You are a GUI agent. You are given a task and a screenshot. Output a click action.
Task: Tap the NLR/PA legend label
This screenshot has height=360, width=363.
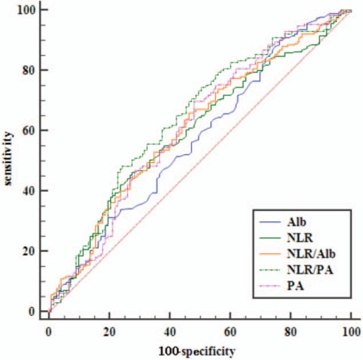click(313, 271)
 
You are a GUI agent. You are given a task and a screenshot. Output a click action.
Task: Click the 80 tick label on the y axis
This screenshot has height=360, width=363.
click(31, 70)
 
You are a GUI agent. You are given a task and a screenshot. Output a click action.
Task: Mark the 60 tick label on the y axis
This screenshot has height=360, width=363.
click(31, 130)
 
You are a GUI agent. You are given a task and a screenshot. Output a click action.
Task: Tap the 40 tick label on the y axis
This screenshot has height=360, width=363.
click(31, 190)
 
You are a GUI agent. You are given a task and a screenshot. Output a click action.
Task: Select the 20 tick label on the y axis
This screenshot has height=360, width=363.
click(31, 251)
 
